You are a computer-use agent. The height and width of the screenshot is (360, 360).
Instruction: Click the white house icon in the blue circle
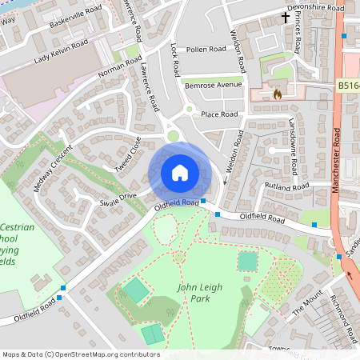pyautogui.click(x=180, y=172)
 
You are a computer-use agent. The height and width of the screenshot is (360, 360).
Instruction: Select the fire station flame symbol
pyautogui.click(x=278, y=93)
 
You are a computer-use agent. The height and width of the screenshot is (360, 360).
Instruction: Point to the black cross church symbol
pyautogui.click(x=285, y=17)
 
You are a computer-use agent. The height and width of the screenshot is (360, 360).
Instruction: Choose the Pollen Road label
pyautogui.click(x=207, y=50)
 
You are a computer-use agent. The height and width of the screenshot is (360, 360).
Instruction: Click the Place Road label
pyautogui.click(x=219, y=114)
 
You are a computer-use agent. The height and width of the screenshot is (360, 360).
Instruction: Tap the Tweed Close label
pyautogui.click(x=127, y=154)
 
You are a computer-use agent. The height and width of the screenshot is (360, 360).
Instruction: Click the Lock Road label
pyautogui.click(x=175, y=56)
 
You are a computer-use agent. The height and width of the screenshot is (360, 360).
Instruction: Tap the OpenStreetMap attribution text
pyautogui.click(x=80, y=354)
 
